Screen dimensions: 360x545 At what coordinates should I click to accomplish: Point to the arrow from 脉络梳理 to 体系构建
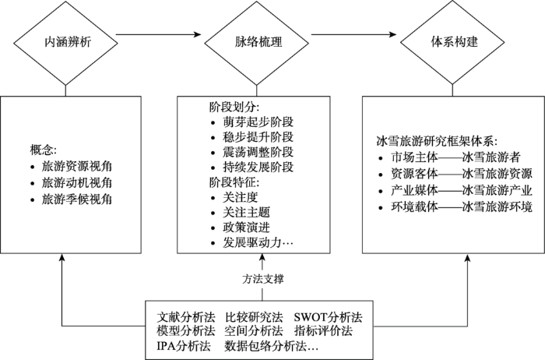(x=354, y=36)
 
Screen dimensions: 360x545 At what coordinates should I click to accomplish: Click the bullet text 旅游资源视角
(x=71, y=166)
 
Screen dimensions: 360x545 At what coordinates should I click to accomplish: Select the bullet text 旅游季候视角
(x=71, y=200)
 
